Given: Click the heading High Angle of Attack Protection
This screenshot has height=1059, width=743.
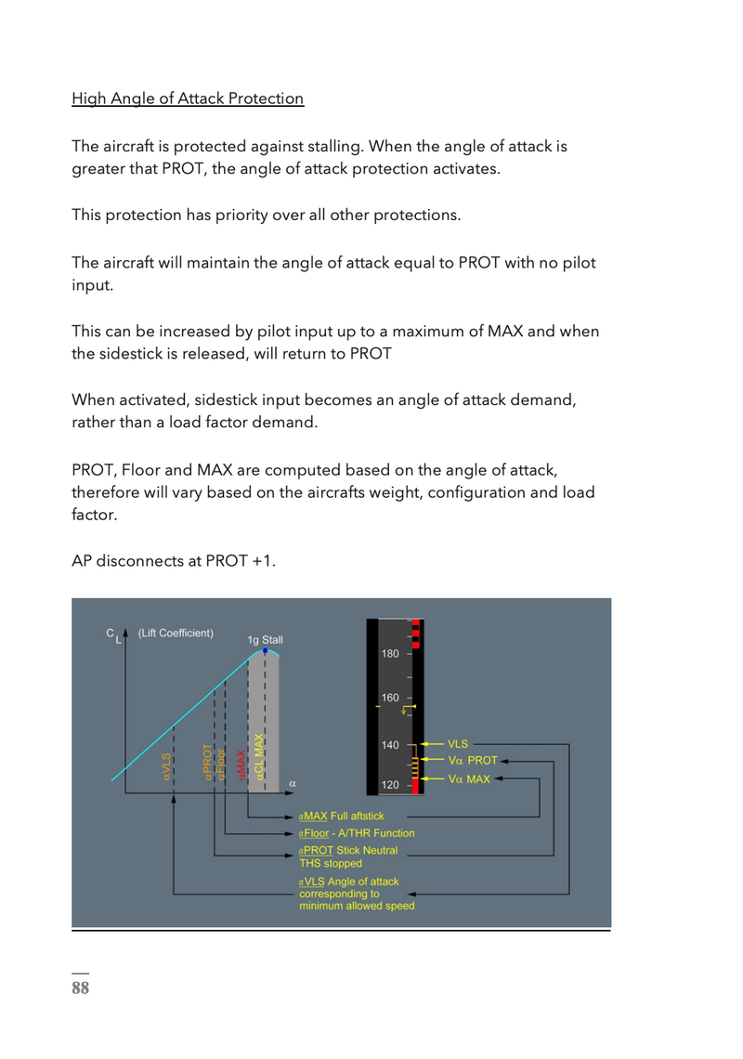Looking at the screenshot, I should (188, 98).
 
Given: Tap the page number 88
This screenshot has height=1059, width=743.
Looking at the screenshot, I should (81, 987).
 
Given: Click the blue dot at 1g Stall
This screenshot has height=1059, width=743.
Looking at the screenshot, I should (265, 651).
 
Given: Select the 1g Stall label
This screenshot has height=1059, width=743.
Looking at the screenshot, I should (265, 640).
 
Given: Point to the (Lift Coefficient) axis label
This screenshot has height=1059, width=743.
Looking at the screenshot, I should (176, 634).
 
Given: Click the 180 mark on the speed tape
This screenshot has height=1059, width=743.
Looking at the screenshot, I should (390, 654).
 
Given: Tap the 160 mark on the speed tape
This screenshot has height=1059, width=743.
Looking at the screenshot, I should (390, 698).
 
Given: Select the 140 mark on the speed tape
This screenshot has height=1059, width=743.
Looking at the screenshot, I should (390, 745).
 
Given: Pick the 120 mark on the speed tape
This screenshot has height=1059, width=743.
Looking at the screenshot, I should (390, 786).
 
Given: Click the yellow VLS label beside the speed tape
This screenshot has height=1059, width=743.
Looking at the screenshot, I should (458, 744).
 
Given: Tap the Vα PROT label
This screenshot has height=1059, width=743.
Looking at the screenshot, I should (473, 761).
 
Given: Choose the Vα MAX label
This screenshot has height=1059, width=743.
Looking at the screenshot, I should (469, 779).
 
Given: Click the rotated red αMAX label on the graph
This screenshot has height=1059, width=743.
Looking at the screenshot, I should (241, 765).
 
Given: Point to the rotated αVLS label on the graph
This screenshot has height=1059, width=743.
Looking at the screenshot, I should (167, 767).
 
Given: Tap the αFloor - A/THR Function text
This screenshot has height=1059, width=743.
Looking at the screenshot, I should (357, 833).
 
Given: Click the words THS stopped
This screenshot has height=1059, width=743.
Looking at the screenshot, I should (331, 864).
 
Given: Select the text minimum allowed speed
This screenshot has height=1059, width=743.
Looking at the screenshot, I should (357, 906).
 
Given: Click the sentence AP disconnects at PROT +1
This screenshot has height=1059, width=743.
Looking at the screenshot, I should (174, 562).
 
